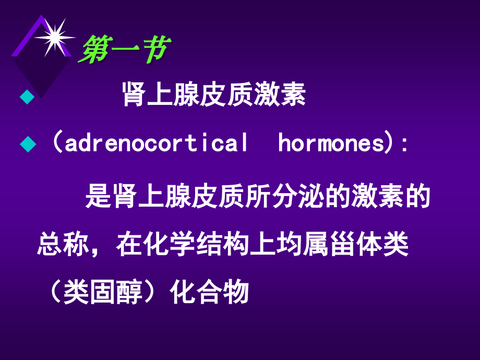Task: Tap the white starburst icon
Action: tap(53, 37)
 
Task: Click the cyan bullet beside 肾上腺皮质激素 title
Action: tap(26, 97)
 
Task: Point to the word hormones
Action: tap(331, 143)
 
